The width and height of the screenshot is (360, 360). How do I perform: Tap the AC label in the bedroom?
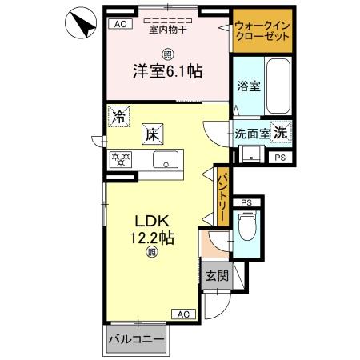point(121,25)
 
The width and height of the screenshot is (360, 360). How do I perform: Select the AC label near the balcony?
point(183,314)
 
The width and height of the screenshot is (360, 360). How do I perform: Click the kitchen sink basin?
point(167,158)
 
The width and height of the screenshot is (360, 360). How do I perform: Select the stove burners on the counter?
point(121,158)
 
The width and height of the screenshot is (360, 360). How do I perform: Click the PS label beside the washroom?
point(279,158)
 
